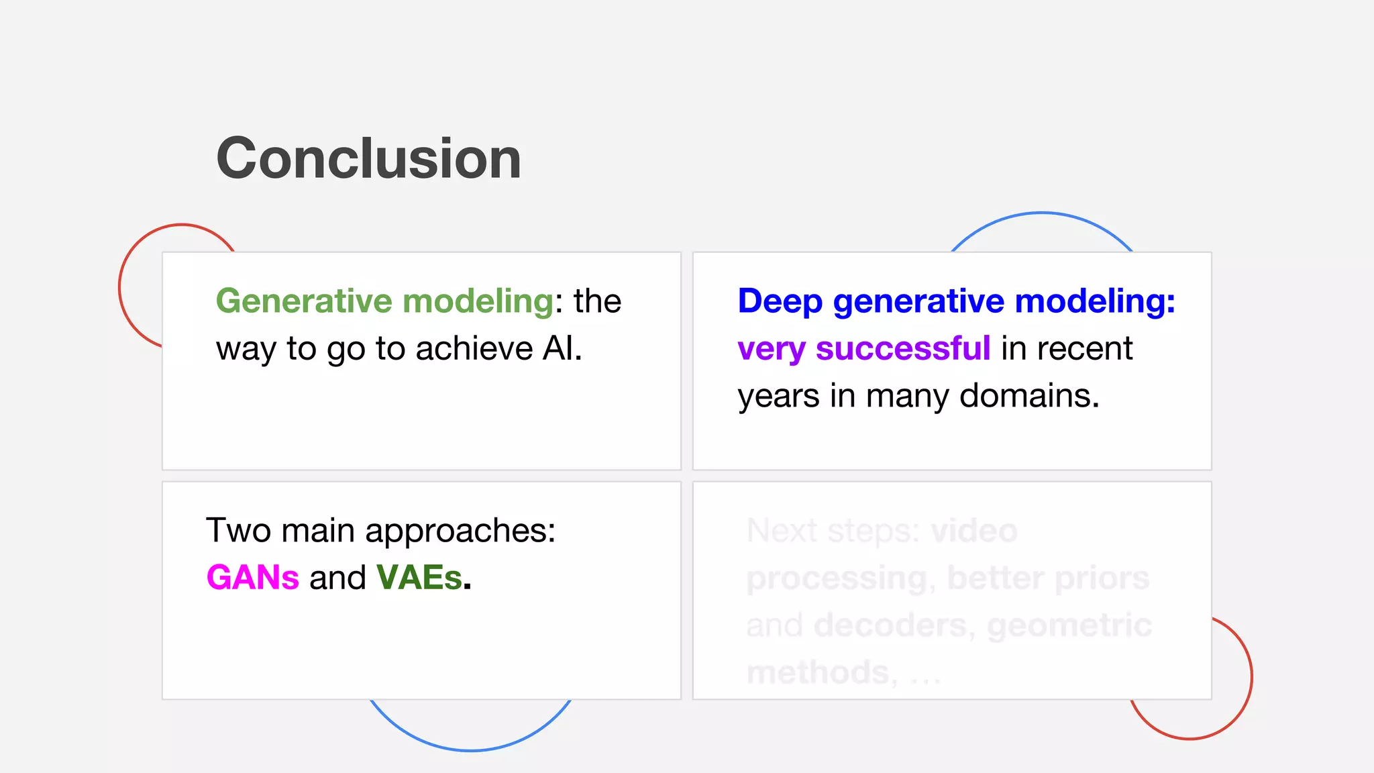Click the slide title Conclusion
click(x=368, y=158)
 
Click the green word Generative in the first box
click(x=303, y=301)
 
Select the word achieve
click(x=474, y=349)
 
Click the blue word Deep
click(x=780, y=301)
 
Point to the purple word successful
click(x=903, y=349)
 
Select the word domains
click(x=1029, y=396)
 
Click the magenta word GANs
click(x=252, y=578)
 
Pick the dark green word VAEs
click(x=419, y=578)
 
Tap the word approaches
click(x=460, y=531)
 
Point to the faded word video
click(x=974, y=531)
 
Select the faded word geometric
click(x=1069, y=625)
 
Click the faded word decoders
click(x=891, y=625)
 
